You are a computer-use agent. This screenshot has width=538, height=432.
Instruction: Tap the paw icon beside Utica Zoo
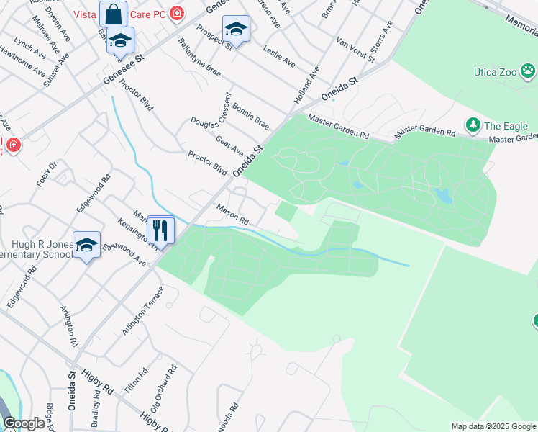[x=529, y=71]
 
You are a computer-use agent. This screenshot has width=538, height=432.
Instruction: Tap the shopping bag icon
[x=114, y=14]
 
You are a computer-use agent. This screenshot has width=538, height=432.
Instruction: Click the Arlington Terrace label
[x=143, y=310]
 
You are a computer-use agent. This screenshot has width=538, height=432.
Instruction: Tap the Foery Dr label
[x=47, y=174]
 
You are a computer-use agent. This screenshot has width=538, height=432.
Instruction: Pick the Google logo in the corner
[x=24, y=423]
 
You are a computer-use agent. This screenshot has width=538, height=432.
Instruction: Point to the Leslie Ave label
[x=280, y=53]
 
